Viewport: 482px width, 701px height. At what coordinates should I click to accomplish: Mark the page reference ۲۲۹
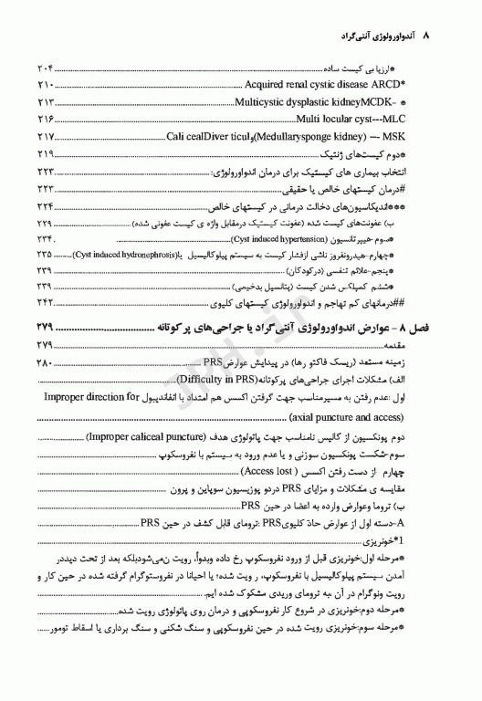pyautogui.click(x=46, y=223)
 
